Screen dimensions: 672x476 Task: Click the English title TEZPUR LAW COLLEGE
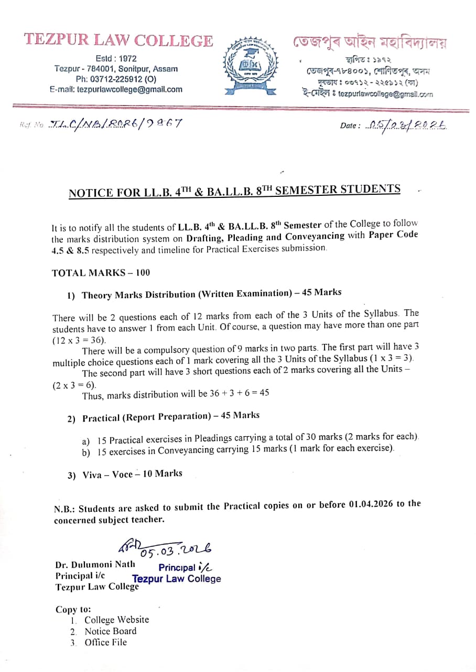(118, 40)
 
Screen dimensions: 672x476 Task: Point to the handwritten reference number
(115, 124)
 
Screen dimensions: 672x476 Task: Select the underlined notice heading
(234, 191)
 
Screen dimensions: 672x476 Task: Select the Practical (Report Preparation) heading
(147, 417)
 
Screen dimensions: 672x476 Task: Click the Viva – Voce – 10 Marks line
(132, 474)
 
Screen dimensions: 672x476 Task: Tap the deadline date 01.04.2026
(371, 505)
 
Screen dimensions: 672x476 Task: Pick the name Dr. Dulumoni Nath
(95, 565)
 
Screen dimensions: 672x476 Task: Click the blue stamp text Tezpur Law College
(177, 579)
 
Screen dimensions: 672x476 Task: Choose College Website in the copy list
(116, 620)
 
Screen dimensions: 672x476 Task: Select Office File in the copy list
(105, 642)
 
